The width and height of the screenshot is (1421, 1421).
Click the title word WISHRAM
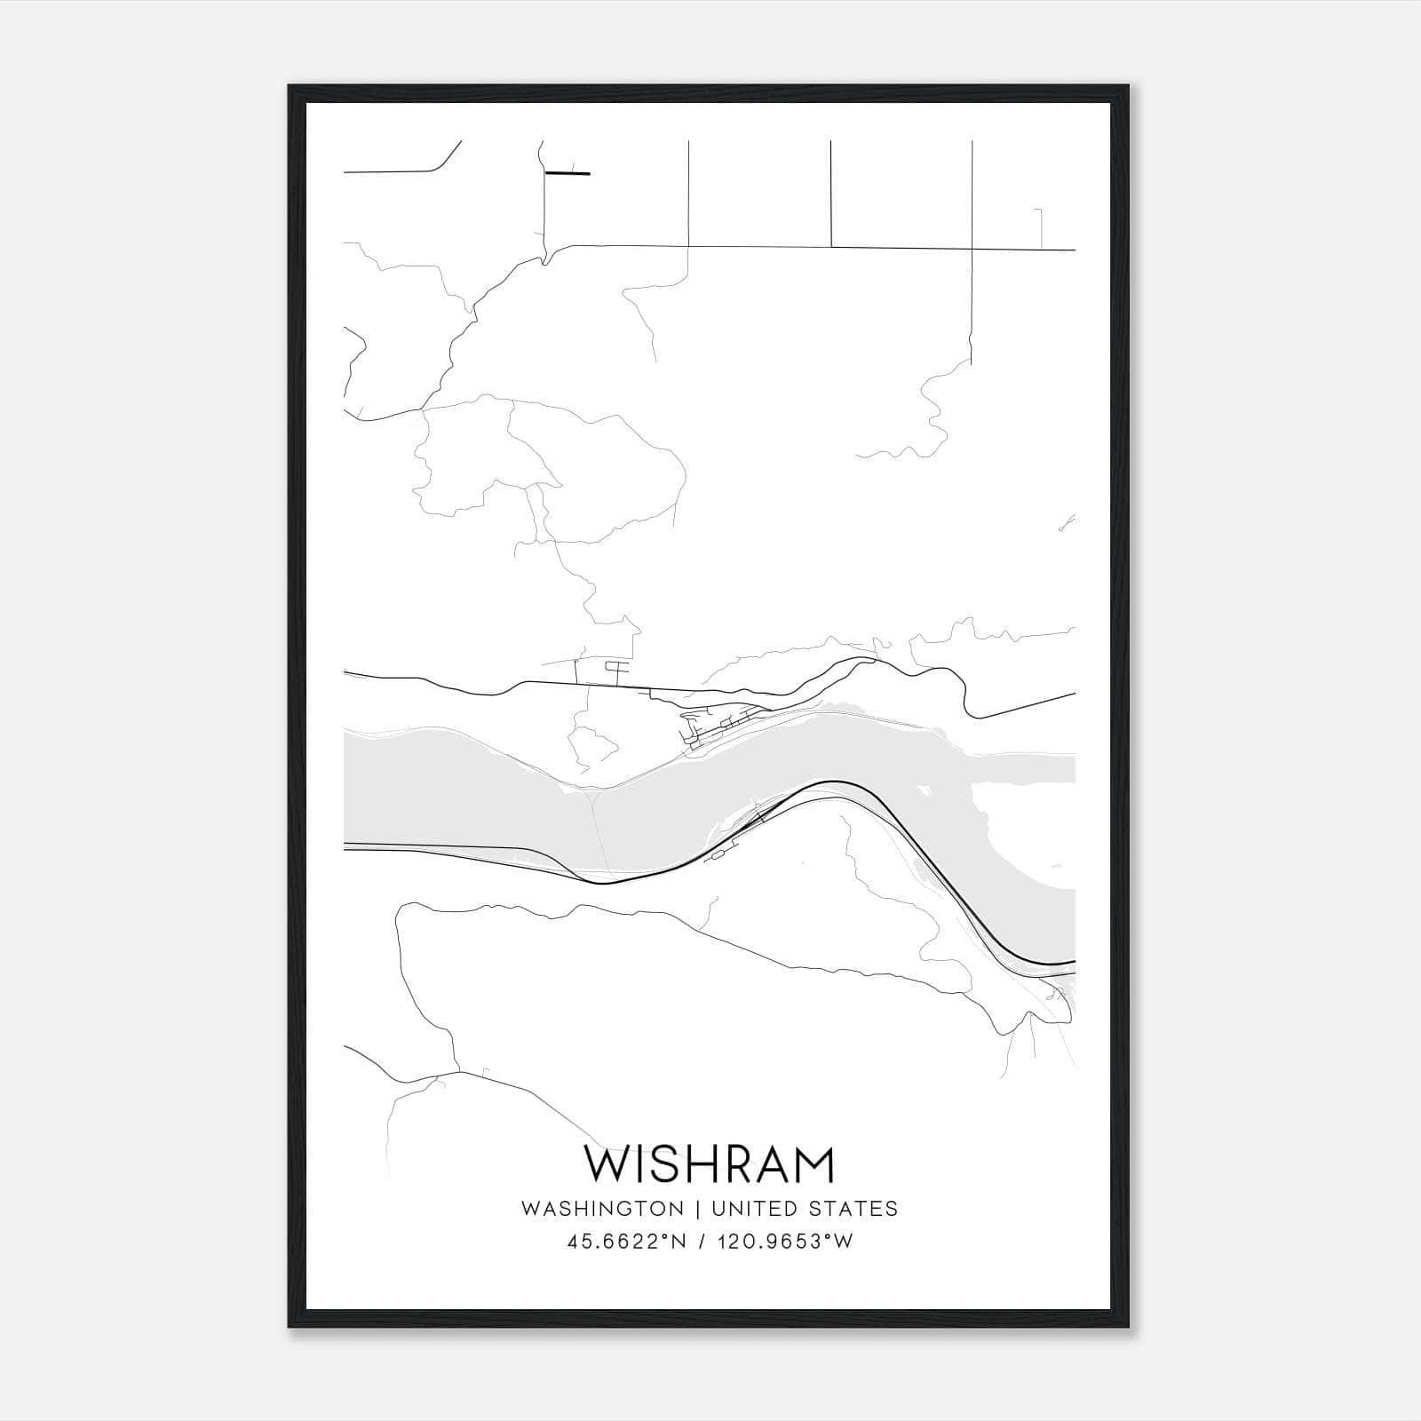tap(710, 1164)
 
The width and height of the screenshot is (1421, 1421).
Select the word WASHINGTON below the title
tap(602, 1209)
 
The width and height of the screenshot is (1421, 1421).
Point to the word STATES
tap(853, 1209)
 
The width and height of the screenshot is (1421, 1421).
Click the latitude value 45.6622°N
tap(627, 1242)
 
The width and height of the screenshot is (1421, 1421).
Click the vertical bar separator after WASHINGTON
tap(698, 1209)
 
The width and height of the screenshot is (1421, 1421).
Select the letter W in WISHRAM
tap(605, 1164)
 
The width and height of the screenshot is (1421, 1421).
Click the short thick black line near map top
tap(568, 173)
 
